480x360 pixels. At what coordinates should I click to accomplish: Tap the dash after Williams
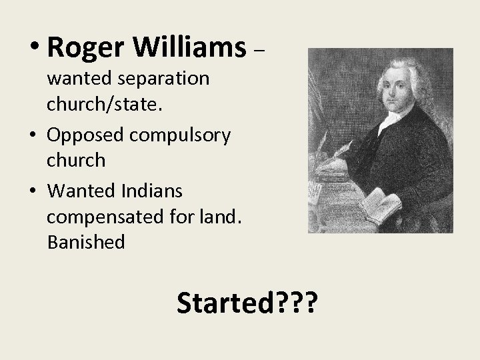pyautogui.click(x=261, y=50)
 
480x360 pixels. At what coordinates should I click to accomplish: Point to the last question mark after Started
pyautogui.click(x=310, y=305)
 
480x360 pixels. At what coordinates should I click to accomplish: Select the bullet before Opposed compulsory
pyautogui.click(x=34, y=136)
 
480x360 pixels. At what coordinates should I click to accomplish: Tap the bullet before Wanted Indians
pyautogui.click(x=34, y=191)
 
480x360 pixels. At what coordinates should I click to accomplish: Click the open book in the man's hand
pyautogui.click(x=381, y=201)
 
